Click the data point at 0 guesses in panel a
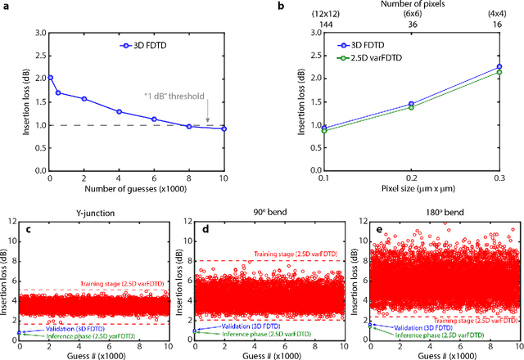pos(51,78)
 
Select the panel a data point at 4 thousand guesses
pos(119,111)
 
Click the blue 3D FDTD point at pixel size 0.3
pos(476,67)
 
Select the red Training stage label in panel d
pos(291,254)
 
